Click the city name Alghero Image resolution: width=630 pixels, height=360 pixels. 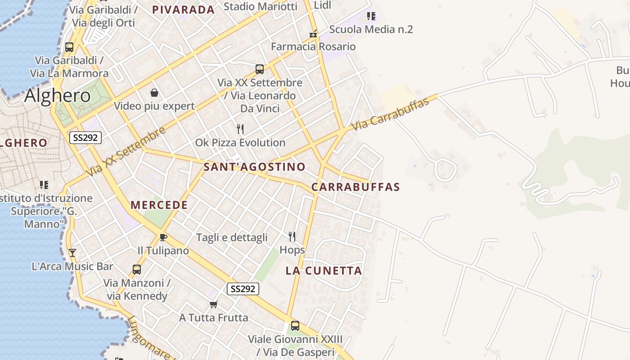(x=58, y=95)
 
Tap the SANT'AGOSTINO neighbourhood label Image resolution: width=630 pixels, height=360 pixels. (x=254, y=167)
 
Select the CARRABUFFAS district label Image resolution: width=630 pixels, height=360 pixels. (x=355, y=187)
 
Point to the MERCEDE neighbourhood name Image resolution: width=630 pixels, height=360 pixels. (x=159, y=205)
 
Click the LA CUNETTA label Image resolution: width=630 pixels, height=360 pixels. (x=324, y=271)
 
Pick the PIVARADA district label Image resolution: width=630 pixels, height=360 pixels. (x=183, y=10)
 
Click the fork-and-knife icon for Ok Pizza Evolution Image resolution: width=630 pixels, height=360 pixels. (x=240, y=130)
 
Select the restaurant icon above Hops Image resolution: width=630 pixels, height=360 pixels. (x=292, y=237)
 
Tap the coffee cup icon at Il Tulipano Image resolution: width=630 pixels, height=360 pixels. (x=163, y=237)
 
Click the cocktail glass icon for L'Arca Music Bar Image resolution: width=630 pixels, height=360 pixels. (x=72, y=253)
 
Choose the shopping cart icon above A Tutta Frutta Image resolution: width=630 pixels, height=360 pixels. (x=214, y=305)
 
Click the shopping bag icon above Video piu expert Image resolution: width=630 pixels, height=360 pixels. (x=154, y=93)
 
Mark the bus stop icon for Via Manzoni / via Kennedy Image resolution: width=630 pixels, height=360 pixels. (x=137, y=270)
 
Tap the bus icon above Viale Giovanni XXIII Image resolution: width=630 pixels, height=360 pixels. (x=295, y=326)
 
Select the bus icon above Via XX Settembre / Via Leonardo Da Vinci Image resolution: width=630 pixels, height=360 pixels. (x=260, y=69)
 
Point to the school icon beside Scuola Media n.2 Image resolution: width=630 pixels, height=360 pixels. (x=371, y=17)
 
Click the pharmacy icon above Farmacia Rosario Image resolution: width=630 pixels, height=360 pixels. (x=314, y=34)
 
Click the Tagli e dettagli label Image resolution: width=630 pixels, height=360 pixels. (x=232, y=238)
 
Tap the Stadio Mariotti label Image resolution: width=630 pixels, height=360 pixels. (x=260, y=6)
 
